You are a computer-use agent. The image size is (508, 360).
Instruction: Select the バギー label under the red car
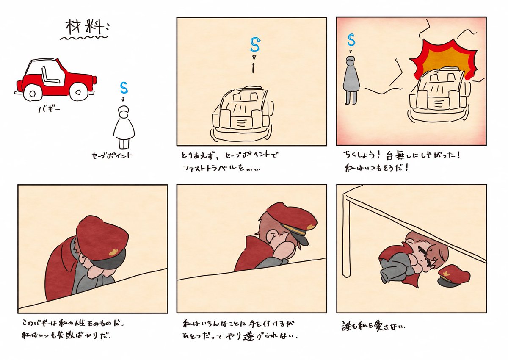pyautogui.click(x=49, y=110)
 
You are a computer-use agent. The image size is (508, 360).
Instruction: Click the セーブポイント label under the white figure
pyautogui.click(x=112, y=155)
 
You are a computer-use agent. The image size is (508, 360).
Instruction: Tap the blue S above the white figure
pyautogui.click(x=124, y=88)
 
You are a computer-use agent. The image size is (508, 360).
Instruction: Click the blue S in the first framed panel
pyautogui.click(x=255, y=45)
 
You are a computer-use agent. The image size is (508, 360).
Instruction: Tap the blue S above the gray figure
pyautogui.click(x=351, y=40)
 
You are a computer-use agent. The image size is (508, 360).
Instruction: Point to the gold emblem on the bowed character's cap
pyautogui.click(x=113, y=252)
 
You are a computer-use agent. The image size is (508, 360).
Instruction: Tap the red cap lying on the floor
pyautogui.click(x=451, y=275)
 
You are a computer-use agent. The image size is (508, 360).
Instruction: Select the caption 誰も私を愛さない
pyautogui.click(x=373, y=326)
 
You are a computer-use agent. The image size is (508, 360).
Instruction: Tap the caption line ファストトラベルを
pyautogui.click(x=221, y=168)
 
